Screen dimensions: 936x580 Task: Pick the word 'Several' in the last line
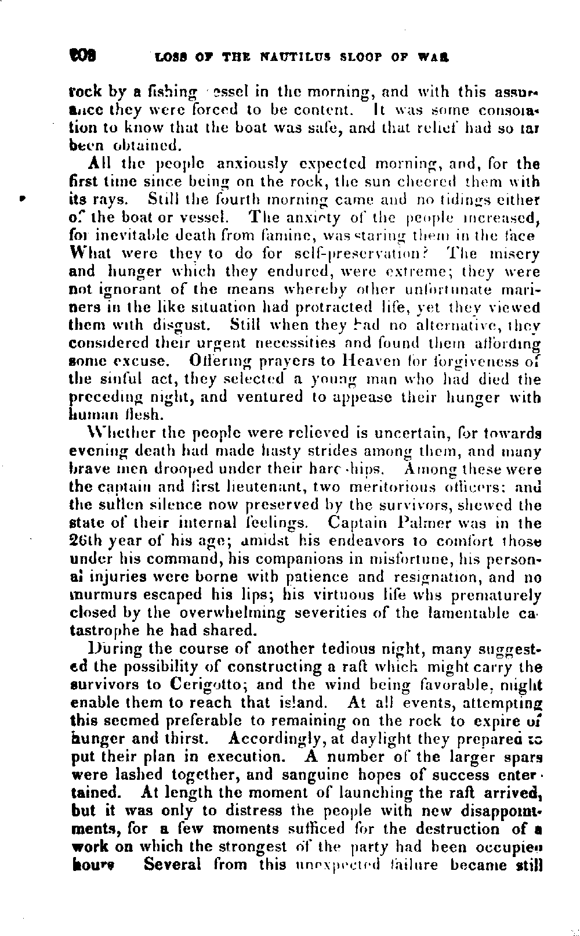pyautogui.click(x=172, y=865)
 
